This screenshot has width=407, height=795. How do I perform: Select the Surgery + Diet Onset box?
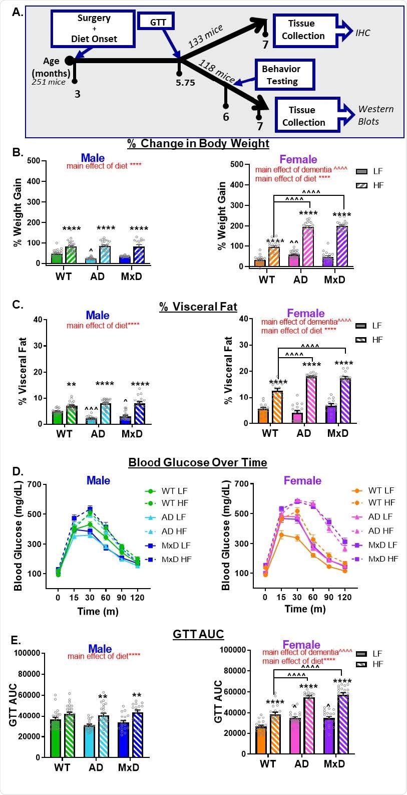point(93,29)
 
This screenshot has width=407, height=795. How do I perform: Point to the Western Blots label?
point(375,115)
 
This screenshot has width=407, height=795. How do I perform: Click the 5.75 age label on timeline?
point(185,83)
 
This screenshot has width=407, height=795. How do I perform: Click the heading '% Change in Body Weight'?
point(198,143)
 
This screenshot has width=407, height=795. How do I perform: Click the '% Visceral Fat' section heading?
point(198,307)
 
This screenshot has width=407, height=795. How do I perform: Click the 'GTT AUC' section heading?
point(198,634)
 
